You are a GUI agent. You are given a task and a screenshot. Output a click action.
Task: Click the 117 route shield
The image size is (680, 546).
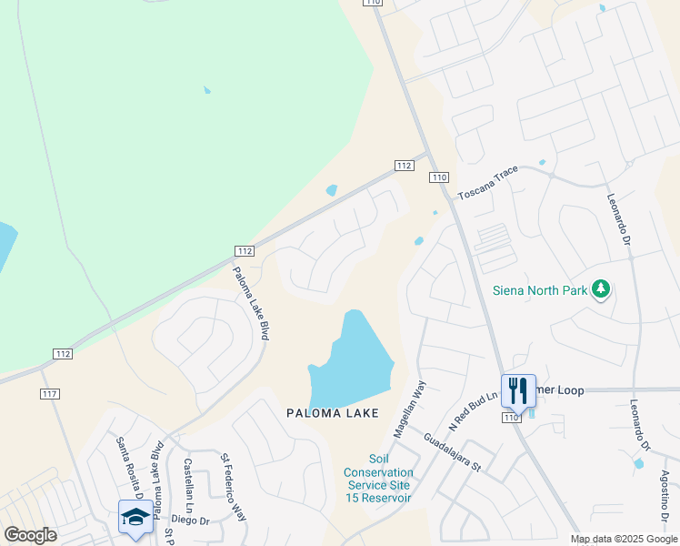point(50,393)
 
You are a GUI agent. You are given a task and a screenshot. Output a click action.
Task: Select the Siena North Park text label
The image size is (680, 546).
point(539,291)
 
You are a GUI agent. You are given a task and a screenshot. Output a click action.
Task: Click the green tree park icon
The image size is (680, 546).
point(599,290)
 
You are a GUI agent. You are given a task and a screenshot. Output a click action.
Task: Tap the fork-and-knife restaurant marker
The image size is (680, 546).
point(518,392)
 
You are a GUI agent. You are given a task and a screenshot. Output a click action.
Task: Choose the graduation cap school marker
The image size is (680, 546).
point(135,518)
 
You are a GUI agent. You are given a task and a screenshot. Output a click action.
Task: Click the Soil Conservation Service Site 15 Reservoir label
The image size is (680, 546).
point(377,479)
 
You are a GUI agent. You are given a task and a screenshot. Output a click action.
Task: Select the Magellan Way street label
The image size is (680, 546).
point(409,406)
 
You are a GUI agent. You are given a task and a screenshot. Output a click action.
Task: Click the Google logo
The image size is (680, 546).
point(30,534)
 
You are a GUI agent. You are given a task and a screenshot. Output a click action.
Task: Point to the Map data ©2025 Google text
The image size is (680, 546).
point(624,539)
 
